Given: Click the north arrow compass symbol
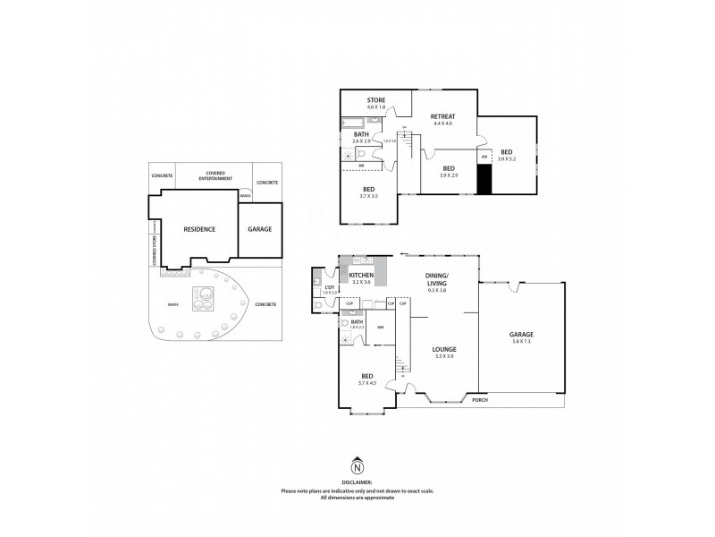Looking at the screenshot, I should pyautogui.click(x=357, y=466).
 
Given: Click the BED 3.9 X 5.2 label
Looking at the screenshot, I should pyautogui.click(x=507, y=155).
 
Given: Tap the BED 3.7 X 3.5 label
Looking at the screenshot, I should pyautogui.click(x=368, y=192).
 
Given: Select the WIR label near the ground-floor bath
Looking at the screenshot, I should pyautogui.click(x=380, y=327).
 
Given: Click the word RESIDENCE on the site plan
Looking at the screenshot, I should pyautogui.click(x=199, y=229).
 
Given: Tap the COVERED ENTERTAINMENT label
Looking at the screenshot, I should pyautogui.click(x=214, y=175).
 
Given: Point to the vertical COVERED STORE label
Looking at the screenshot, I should pyautogui.click(x=154, y=251).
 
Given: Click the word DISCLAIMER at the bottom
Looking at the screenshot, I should pyautogui.click(x=357, y=483).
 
